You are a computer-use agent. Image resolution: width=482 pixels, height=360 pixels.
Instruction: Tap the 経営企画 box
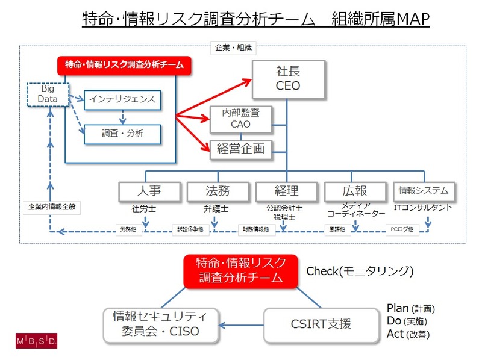click(240, 149)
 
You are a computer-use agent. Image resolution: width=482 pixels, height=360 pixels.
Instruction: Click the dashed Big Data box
click(44, 93)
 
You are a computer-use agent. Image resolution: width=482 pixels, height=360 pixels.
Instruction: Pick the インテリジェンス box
click(122, 99)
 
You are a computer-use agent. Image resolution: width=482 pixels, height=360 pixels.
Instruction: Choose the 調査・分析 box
click(122, 134)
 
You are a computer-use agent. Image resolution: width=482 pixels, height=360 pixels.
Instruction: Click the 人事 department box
click(149, 191)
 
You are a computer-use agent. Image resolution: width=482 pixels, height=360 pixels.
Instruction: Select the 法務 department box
click(217, 191)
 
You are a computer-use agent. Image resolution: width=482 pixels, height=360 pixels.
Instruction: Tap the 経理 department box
click(286, 191)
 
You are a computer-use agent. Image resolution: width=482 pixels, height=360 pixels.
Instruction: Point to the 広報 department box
click(355, 191)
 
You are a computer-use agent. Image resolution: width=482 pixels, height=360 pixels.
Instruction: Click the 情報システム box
click(424, 191)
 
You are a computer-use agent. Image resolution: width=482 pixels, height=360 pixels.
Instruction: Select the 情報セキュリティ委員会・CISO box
click(160, 324)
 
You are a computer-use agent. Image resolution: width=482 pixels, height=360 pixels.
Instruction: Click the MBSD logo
click(36, 341)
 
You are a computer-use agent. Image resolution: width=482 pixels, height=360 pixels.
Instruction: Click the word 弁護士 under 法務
click(216, 208)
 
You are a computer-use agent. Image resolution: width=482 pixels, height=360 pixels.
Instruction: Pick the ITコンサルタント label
click(424, 208)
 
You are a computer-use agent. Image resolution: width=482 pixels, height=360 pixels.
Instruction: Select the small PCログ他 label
click(402, 229)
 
